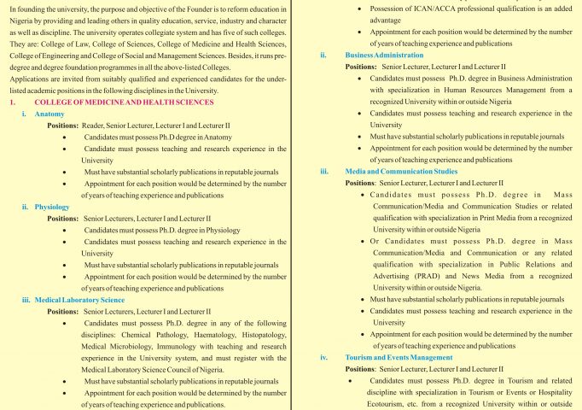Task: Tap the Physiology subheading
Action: pos(53,207)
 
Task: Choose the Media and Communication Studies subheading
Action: pos(401,171)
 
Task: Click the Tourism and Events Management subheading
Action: pos(399,357)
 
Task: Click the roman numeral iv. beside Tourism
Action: pos(323,357)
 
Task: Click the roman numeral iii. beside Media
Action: pos(323,171)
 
